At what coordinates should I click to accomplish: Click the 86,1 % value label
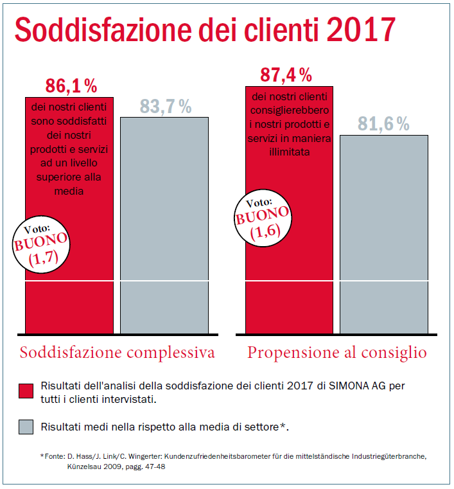[x=71, y=85]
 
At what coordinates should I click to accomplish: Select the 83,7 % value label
[x=166, y=107]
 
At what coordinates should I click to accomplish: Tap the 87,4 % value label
[x=286, y=75]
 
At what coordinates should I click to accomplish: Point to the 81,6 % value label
[x=383, y=124]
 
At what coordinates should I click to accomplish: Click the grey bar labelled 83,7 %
[x=165, y=225]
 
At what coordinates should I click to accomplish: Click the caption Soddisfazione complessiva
[x=117, y=353]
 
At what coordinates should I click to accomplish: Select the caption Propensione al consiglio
[x=337, y=353]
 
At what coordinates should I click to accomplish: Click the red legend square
[x=26, y=392]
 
